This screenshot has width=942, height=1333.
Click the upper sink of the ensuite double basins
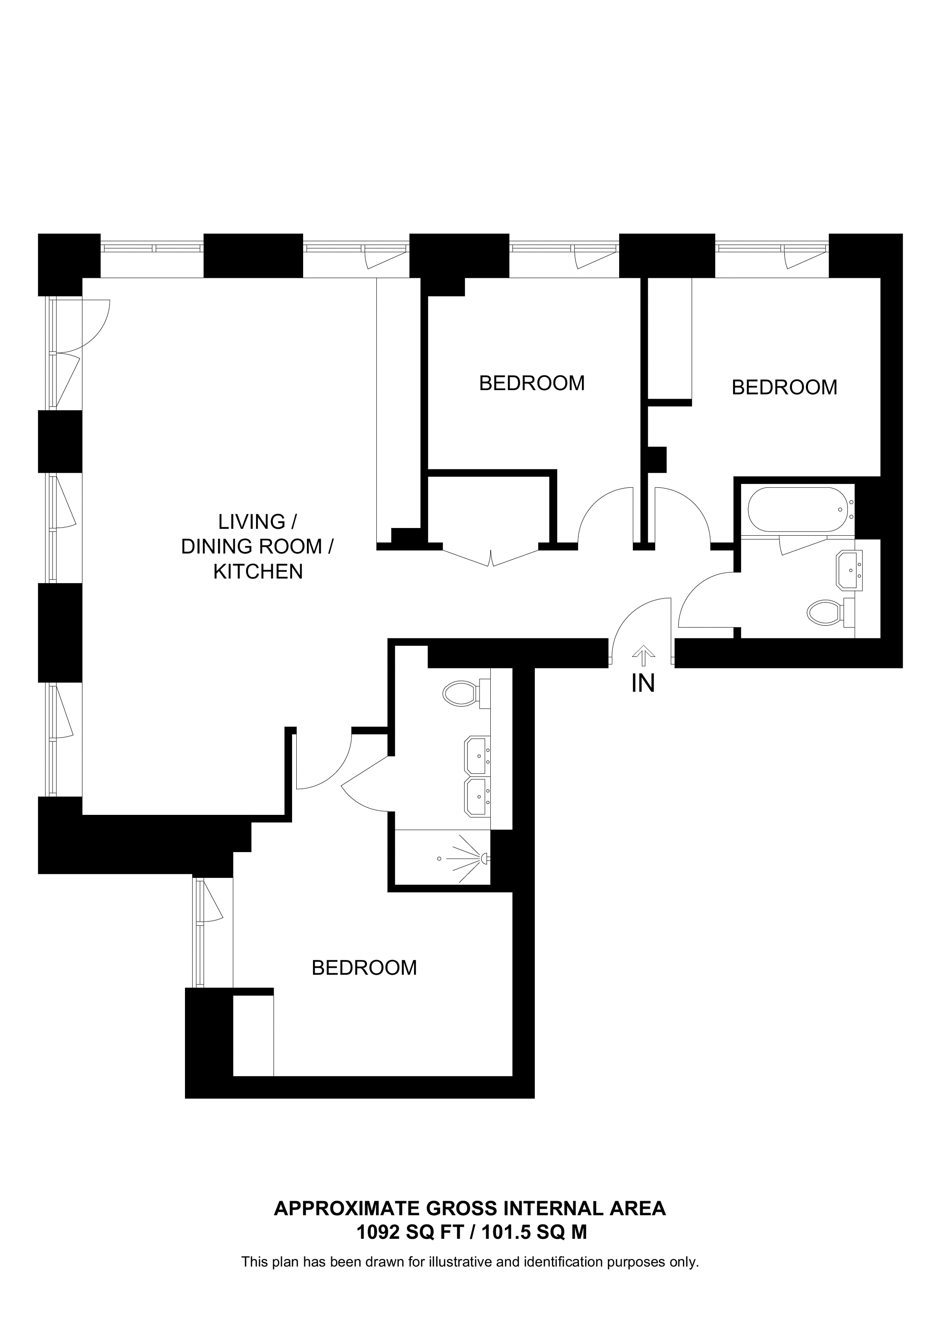click(477, 755)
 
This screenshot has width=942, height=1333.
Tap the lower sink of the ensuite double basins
click(477, 797)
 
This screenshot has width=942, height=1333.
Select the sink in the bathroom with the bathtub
click(849, 571)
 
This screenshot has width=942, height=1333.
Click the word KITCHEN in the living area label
click(258, 572)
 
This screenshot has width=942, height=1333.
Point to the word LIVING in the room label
click(251, 522)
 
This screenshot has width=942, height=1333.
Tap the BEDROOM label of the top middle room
click(532, 383)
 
